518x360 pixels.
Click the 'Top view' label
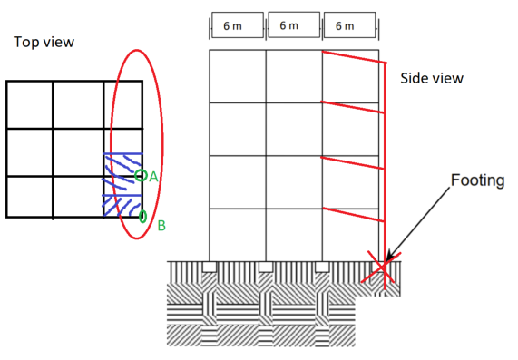(44, 42)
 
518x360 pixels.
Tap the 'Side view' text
(432, 79)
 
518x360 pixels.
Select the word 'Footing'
(478, 180)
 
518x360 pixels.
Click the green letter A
(153, 176)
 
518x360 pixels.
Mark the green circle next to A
(140, 176)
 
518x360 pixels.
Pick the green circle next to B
(142, 216)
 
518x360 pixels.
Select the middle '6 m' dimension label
(289, 25)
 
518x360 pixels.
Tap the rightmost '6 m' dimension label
(345, 26)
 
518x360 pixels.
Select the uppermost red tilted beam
(353, 57)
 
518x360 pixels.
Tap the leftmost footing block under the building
(209, 267)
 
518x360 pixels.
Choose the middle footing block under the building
(265, 267)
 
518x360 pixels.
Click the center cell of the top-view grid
(78, 151)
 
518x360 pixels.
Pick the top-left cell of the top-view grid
(30, 105)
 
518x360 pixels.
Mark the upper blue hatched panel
(121, 171)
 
